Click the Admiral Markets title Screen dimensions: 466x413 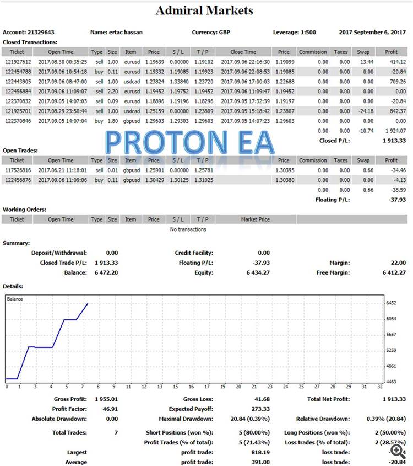tap(204, 10)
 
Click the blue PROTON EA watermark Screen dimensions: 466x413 tap(189, 142)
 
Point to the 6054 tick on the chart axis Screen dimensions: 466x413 tap(392, 319)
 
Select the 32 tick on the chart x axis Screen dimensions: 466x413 tap(380, 387)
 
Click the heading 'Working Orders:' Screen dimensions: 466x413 tap(25, 209)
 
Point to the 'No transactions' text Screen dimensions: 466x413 tap(188, 229)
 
